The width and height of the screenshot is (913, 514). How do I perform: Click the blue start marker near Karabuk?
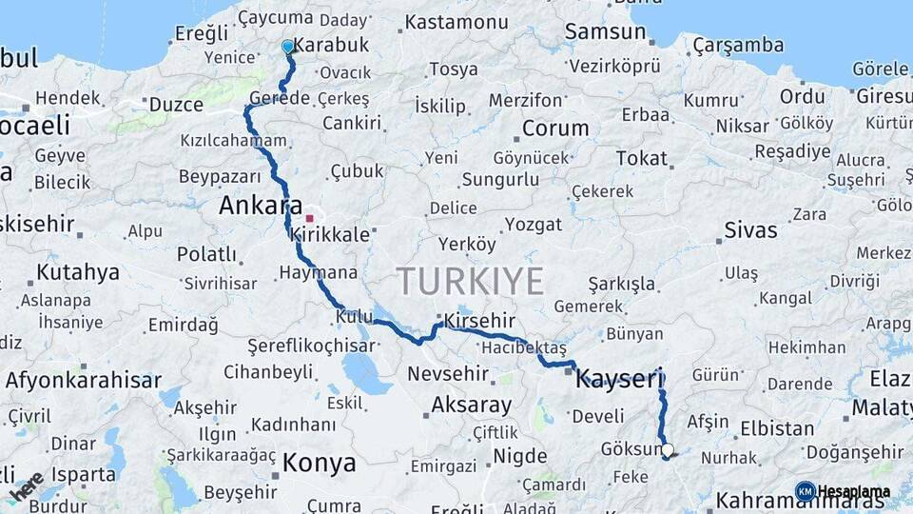[x=288, y=46]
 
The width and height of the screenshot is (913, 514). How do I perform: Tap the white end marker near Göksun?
[x=667, y=450]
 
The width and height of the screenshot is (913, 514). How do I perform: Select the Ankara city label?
[x=261, y=206]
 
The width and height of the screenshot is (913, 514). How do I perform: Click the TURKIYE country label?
[x=470, y=281]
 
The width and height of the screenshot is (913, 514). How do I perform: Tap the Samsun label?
[x=605, y=31]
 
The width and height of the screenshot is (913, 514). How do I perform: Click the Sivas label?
[x=750, y=229]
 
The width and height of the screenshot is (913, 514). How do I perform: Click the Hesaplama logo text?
[x=853, y=492]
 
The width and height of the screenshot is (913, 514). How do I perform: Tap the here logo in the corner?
[x=27, y=485]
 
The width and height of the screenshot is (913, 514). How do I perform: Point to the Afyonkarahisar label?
[x=84, y=380]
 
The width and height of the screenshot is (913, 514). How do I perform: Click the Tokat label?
[x=641, y=158]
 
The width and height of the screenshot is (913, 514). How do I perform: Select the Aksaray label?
[x=471, y=405]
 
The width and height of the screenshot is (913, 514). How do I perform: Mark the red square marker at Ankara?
[x=309, y=218]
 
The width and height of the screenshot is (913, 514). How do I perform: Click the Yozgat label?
[x=533, y=225]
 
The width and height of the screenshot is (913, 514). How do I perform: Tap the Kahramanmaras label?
[x=800, y=500]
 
